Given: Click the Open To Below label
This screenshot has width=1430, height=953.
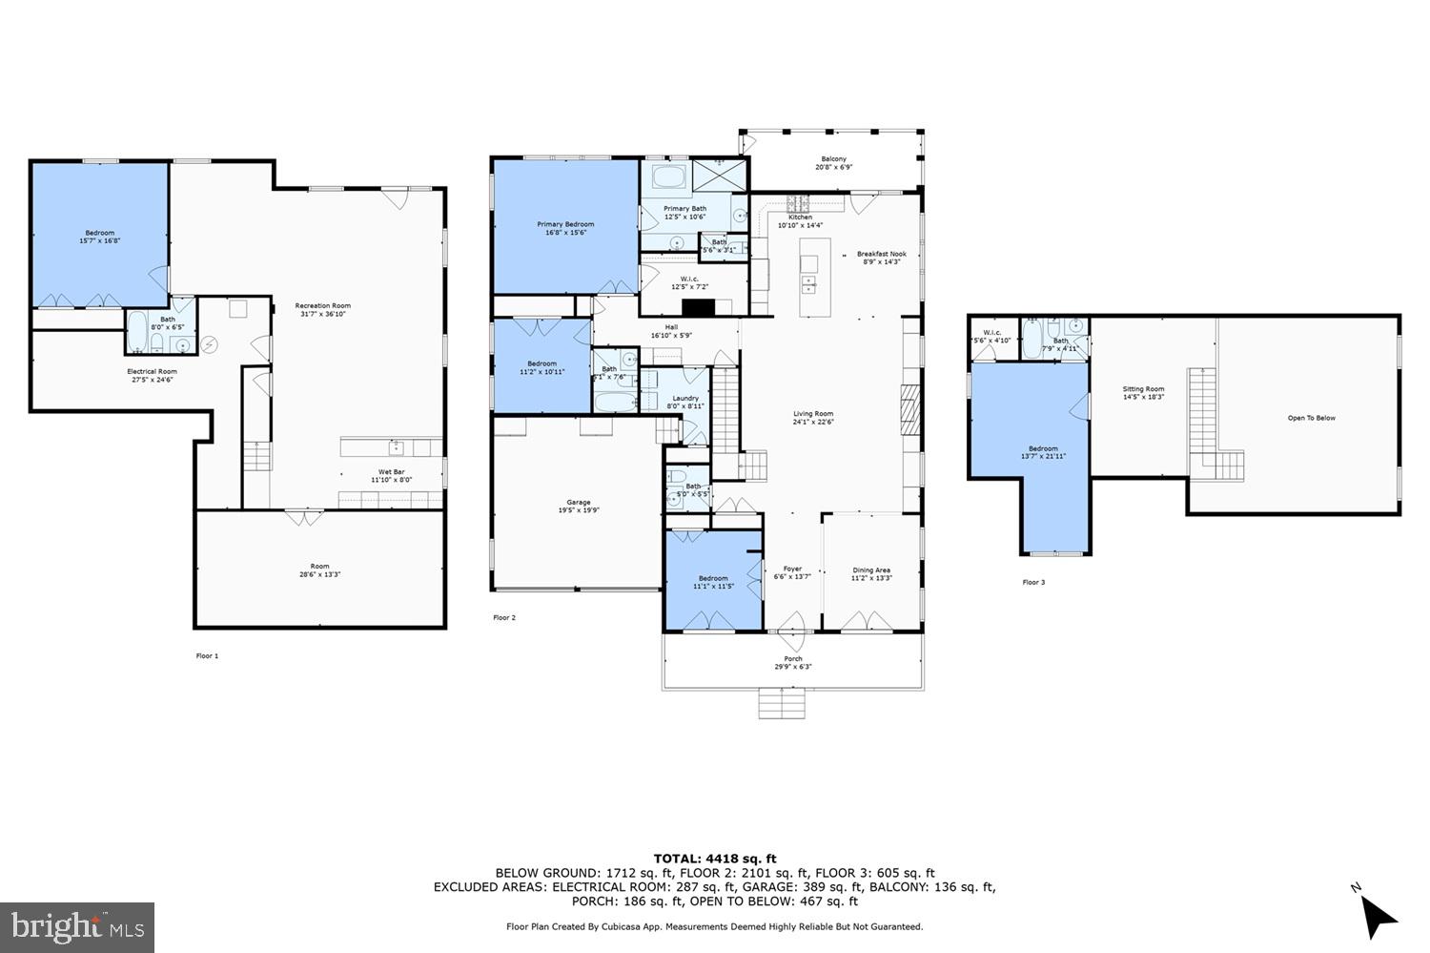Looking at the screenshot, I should pyautogui.click(x=1311, y=418).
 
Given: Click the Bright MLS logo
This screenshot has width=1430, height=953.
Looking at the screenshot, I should pyautogui.click(x=77, y=926).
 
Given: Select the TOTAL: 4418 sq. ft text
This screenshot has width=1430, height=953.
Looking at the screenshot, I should pyautogui.click(x=714, y=859).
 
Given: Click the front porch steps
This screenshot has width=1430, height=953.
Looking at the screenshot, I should pyautogui.click(x=783, y=704).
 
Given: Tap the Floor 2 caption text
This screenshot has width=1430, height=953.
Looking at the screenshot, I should pyautogui.click(x=504, y=618).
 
